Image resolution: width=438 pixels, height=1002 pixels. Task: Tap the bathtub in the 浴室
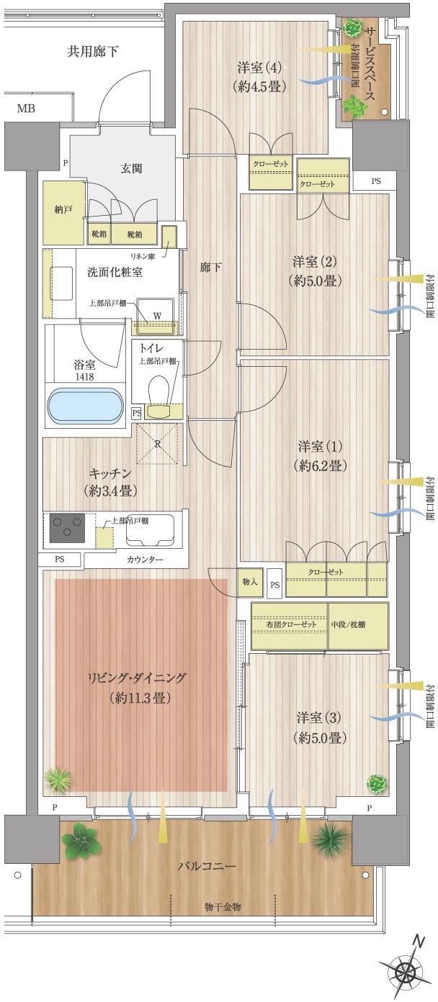[84, 408]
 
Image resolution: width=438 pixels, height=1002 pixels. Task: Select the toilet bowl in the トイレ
[158, 392]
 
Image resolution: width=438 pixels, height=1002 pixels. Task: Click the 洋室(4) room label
[258, 68]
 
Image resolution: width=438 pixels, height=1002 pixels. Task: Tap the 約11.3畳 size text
[138, 697]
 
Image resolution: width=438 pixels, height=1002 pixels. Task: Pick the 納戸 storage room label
[63, 211]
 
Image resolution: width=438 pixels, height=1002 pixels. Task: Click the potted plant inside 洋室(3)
[374, 783]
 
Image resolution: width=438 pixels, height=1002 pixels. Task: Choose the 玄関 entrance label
[131, 168]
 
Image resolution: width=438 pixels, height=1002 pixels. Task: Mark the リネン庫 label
[143, 256]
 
